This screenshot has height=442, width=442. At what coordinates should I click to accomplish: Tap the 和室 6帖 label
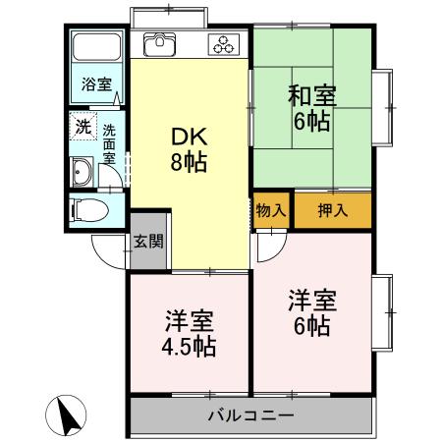(x=311, y=109)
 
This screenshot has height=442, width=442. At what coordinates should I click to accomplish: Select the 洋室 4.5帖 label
(x=190, y=334)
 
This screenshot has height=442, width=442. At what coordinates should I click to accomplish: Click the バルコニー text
(x=250, y=415)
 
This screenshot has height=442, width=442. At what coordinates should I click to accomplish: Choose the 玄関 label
(x=148, y=242)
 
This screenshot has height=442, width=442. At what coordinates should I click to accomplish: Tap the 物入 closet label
(x=270, y=210)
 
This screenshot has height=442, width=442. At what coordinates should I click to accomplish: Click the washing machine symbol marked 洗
(x=84, y=128)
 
